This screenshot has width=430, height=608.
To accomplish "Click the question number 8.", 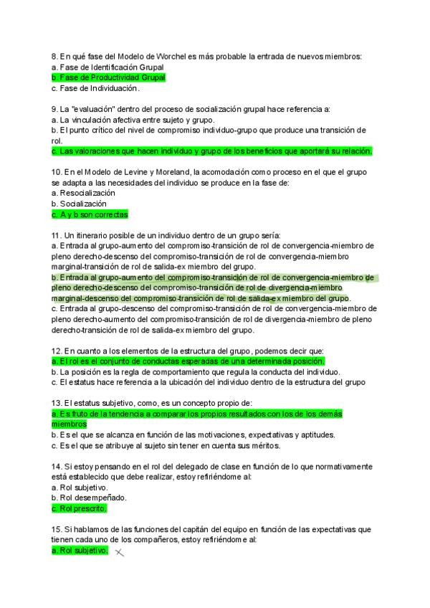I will pyautogui.click(x=54, y=56).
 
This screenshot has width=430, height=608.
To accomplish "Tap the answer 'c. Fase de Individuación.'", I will pyautogui.click(x=95, y=88).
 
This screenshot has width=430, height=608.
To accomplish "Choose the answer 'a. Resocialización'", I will pyautogui.click(x=83, y=193).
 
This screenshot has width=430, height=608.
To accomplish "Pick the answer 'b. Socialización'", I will pyautogui.click(x=80, y=204).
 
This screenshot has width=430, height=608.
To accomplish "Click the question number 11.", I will pyautogui.click(x=57, y=235).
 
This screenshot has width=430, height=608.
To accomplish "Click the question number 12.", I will pyautogui.click(x=57, y=351).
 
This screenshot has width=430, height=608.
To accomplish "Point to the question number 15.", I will pyautogui.click(x=57, y=529).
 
